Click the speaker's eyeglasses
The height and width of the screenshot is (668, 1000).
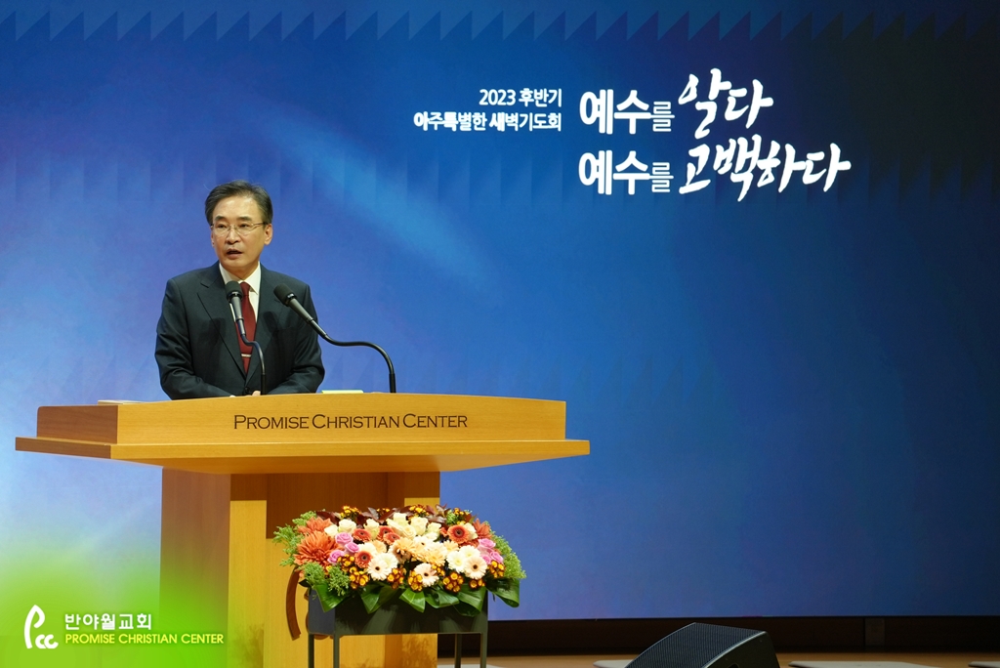tap(237, 229)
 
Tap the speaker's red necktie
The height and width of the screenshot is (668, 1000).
tap(247, 325)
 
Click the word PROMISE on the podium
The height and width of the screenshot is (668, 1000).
tap(271, 422)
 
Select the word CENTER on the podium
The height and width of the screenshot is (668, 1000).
tap(435, 421)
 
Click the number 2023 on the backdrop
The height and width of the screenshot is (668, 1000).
tap(497, 98)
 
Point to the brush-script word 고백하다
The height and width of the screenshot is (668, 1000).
tap(764, 168)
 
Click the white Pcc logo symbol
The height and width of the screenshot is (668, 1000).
tap(39, 627)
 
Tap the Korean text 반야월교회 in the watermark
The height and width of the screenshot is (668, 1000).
tap(107, 621)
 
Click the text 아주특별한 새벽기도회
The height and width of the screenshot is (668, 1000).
tap(487, 120)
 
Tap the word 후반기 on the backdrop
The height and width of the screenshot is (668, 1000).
tap(540, 98)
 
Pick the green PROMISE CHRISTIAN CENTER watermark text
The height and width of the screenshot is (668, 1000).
tap(145, 639)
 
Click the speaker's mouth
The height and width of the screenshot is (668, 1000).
tap(233, 254)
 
